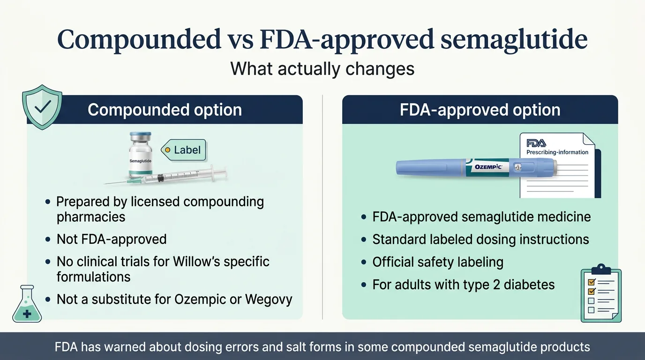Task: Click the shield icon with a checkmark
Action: pos(42,107)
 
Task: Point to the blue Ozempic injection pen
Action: pos(476,167)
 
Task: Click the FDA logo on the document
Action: pos(536,143)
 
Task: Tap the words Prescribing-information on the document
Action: pos(557,152)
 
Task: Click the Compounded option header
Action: pos(165,110)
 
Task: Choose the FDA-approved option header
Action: pos(480,110)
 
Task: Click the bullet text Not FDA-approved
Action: pos(112,239)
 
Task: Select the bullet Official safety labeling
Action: pos(437,262)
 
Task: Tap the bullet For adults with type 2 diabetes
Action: pos(463,285)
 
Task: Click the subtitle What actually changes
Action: pos(322,69)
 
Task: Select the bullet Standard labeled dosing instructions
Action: pos(480,240)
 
